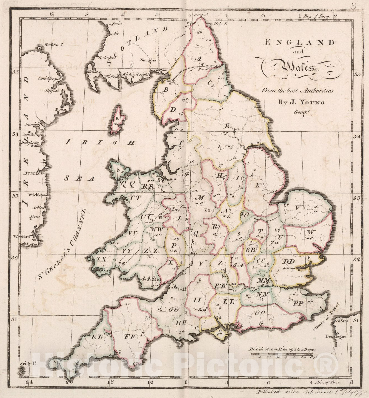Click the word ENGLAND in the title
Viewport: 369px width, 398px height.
point(299,43)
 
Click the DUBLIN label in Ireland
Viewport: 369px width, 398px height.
point(32,173)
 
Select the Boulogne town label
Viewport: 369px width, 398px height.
point(336,336)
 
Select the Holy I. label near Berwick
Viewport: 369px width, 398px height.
point(221,24)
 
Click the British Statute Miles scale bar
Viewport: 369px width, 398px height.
point(282,354)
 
